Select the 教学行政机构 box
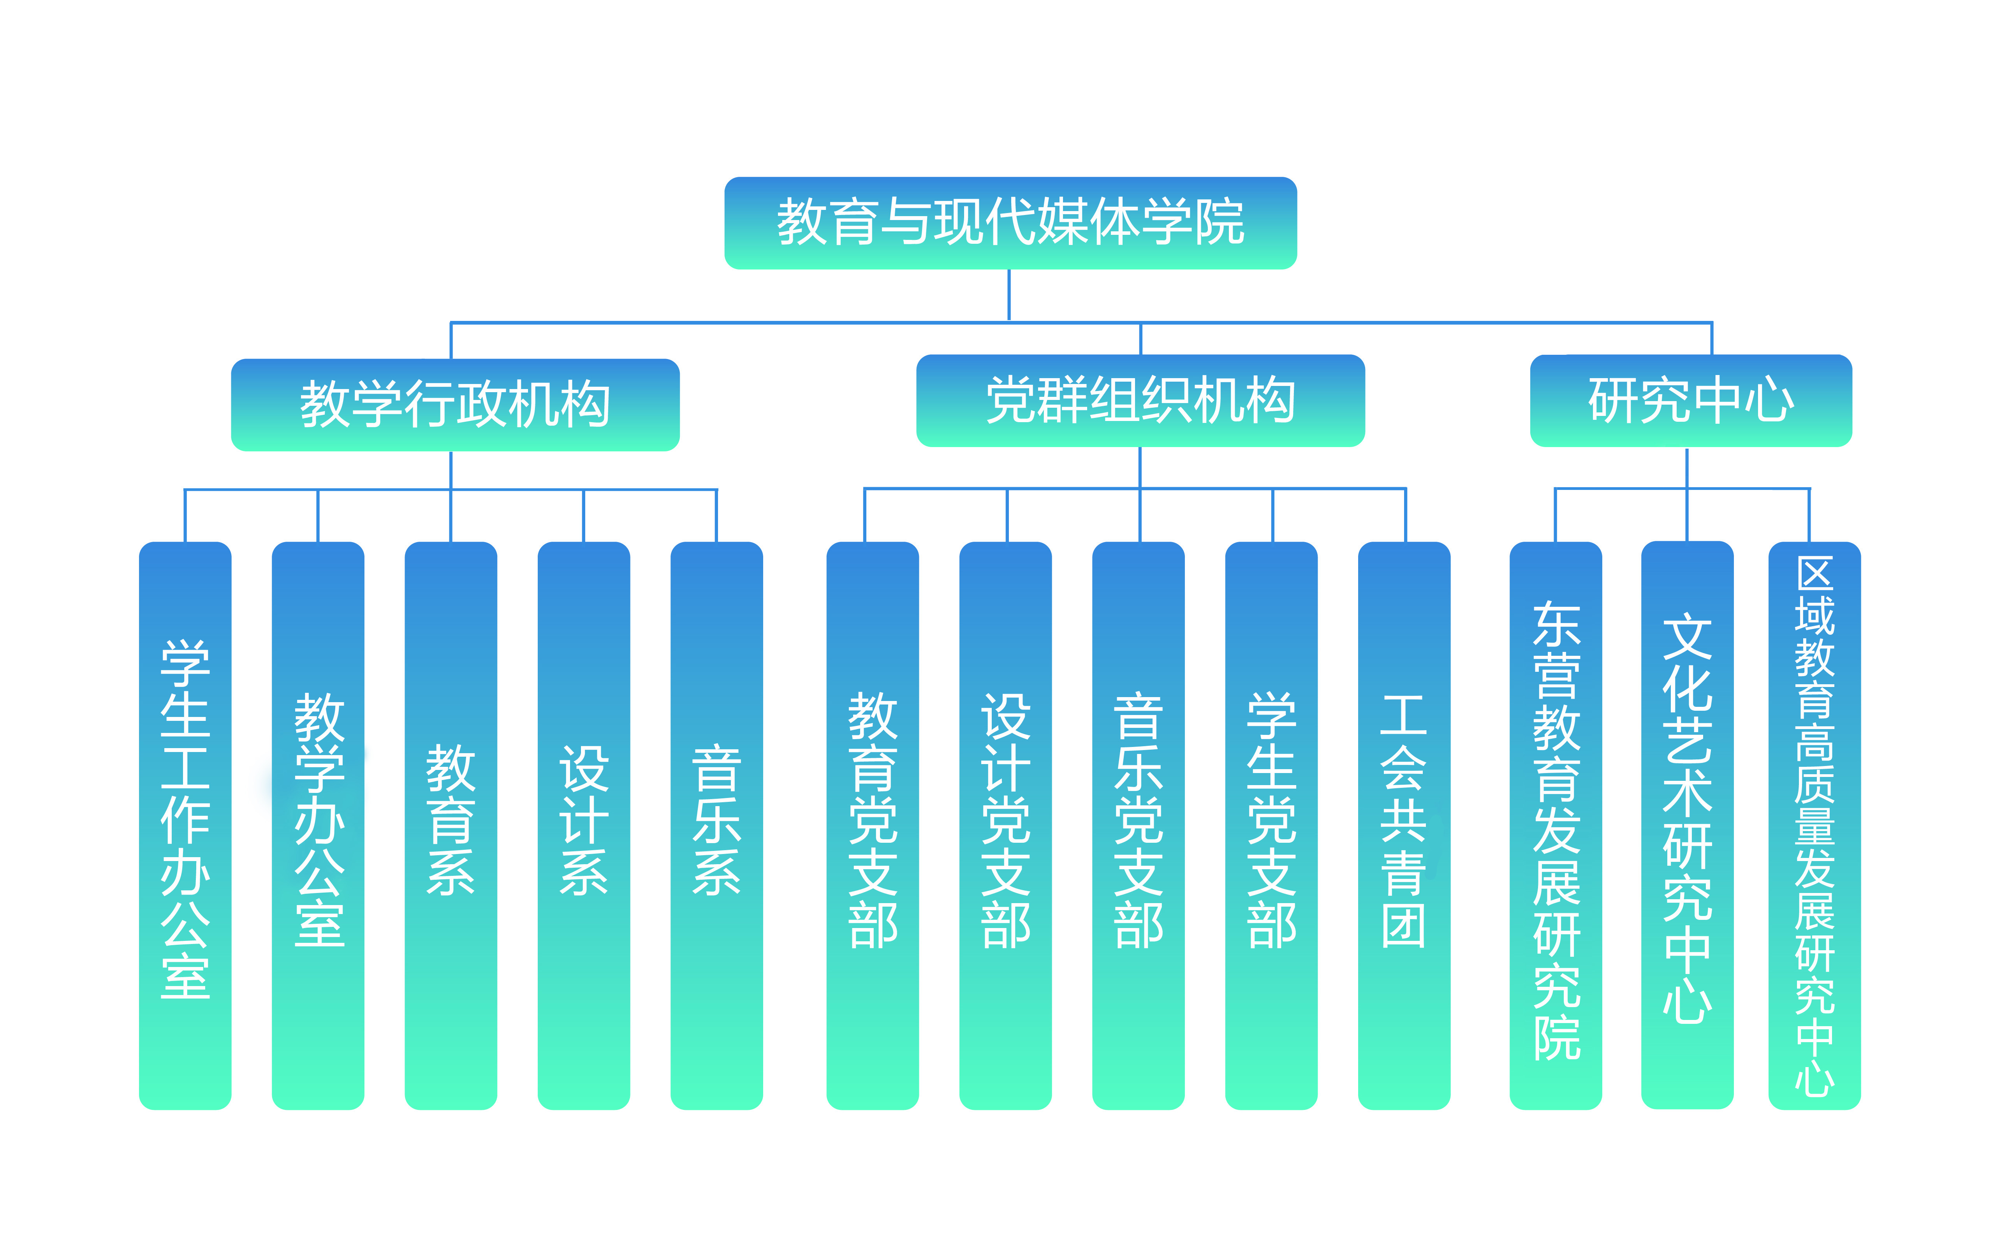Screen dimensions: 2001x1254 point(455,405)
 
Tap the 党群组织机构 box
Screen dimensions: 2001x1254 point(1140,401)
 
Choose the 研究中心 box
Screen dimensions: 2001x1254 point(1691,401)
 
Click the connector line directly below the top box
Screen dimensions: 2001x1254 point(1009,295)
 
